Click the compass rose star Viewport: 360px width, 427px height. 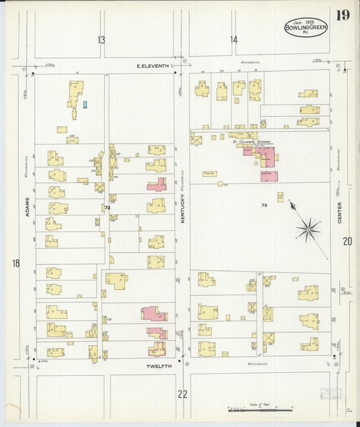[x=308, y=230]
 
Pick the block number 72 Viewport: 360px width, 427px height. [x=107, y=207]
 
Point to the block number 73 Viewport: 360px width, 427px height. [x=263, y=204]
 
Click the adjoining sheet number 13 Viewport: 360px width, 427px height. [x=101, y=41]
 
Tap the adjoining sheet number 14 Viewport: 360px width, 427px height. [x=234, y=41]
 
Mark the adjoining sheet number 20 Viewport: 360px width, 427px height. [x=347, y=241]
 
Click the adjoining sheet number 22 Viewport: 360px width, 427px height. [x=182, y=394]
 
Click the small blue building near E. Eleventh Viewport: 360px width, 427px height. [x=85, y=104]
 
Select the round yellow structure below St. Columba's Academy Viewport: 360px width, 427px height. [x=220, y=183]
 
